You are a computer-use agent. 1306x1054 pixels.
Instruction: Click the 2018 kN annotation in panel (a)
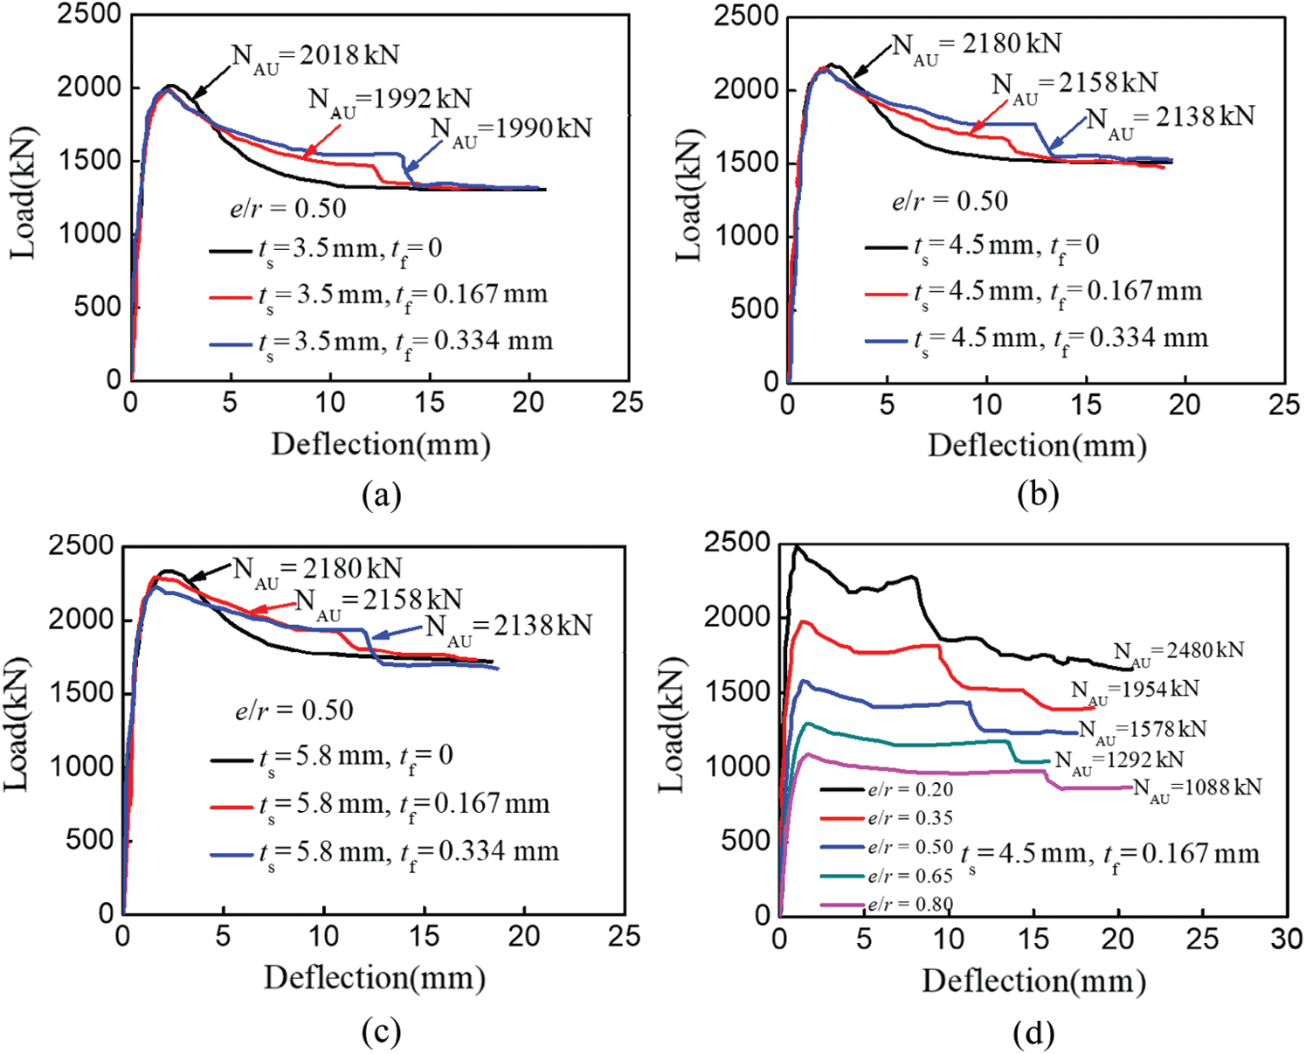pos(315,56)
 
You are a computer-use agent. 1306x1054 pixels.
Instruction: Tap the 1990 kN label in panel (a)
pos(511,129)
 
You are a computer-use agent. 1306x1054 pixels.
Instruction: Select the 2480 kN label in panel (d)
pos(1178,652)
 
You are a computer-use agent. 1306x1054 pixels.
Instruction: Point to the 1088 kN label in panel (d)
pos(1197,788)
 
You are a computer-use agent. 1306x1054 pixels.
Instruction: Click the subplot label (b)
pos(1038,496)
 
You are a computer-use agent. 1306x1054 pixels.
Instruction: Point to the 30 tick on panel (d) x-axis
pos(1286,940)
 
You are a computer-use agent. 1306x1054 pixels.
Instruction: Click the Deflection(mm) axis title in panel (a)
pos(381,445)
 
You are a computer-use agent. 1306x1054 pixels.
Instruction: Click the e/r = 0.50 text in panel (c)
pos(294,710)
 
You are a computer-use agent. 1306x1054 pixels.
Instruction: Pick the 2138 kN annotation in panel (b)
pos(1170,118)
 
